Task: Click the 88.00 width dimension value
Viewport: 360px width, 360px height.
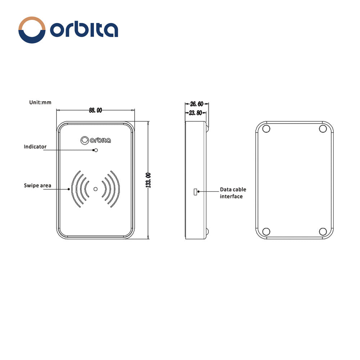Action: (95, 110)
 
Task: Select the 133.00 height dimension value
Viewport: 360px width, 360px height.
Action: (148, 180)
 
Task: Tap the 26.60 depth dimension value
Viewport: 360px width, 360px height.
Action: (197, 104)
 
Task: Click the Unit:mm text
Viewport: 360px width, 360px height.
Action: (40, 102)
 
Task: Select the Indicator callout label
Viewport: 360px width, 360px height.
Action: (35, 147)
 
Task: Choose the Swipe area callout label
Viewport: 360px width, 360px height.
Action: (37, 185)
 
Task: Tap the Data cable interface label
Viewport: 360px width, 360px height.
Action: (233, 193)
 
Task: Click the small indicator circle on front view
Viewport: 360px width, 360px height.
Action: (95, 150)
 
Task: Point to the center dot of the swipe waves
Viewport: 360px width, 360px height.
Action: (95, 189)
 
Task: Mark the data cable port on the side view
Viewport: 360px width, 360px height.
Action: (195, 192)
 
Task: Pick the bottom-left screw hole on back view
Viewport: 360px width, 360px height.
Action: (266, 231)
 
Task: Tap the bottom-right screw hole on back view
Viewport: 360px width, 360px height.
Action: (323, 231)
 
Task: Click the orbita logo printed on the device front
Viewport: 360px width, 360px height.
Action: (96, 140)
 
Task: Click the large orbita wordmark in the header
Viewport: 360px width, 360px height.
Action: (84, 30)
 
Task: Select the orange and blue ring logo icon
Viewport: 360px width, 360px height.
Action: (32, 30)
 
